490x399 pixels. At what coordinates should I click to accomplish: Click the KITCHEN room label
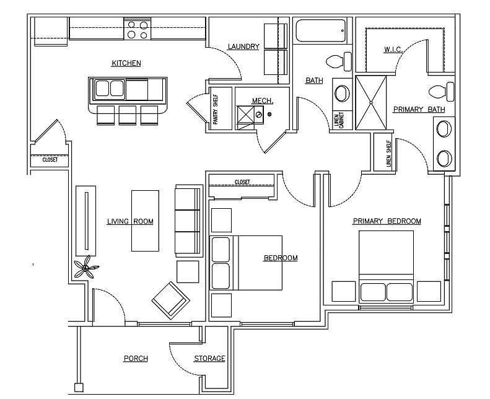coord(126,63)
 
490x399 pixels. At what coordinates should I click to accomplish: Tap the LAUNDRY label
coord(243,46)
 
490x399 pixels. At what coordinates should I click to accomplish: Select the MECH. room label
coord(263,100)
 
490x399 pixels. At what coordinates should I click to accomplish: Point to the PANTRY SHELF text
coord(216,110)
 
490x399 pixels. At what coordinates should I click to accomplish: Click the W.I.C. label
coord(393,50)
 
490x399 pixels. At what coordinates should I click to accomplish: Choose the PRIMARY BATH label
coord(419,110)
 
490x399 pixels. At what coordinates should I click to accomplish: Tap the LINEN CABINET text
coord(339,120)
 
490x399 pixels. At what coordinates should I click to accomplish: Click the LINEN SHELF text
coord(388,153)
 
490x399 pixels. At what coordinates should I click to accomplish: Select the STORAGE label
coord(209,358)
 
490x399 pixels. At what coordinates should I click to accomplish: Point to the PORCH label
coord(136,358)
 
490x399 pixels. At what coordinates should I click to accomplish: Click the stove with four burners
coord(138,28)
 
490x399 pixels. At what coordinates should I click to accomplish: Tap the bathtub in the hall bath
coord(321,30)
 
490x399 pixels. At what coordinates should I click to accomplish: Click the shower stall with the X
coord(371,102)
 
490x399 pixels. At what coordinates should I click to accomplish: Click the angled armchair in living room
coord(170,300)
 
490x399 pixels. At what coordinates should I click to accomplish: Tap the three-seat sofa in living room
coord(188,221)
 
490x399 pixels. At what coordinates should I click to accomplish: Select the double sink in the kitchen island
coord(110,89)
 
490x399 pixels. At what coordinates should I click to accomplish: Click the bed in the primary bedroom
coord(387,266)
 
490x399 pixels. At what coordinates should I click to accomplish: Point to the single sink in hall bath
coord(342,93)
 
